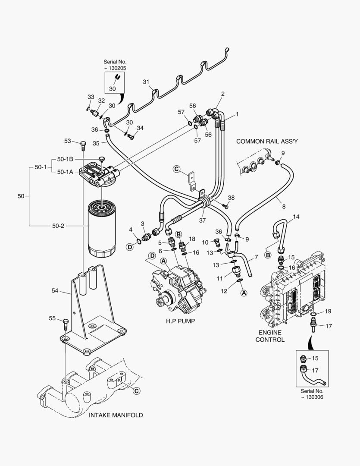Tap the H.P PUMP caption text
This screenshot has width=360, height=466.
point(180,321)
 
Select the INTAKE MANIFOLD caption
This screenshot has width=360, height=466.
point(116,415)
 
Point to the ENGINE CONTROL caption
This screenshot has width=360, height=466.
point(270,336)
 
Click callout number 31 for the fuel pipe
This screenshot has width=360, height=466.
point(146,82)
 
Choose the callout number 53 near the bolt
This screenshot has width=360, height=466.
point(68,141)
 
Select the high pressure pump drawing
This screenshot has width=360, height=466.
point(177,287)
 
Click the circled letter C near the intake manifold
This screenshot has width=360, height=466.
point(136,391)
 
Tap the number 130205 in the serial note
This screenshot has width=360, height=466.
point(117,68)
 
